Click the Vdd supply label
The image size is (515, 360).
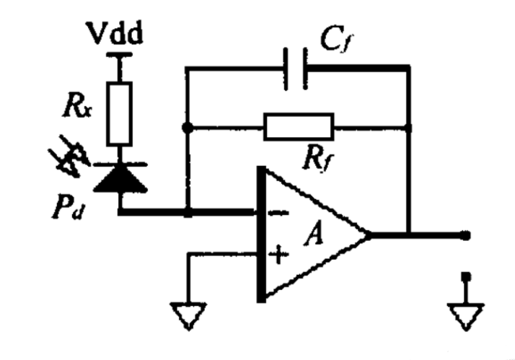click(114, 33)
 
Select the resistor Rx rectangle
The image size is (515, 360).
click(120, 114)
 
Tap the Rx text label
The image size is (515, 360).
click(77, 106)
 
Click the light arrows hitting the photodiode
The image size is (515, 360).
click(69, 156)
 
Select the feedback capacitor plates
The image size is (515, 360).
click(296, 69)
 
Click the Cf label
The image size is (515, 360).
click(337, 40)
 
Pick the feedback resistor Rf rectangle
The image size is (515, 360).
click(299, 127)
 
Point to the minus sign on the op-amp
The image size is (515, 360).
click(278, 214)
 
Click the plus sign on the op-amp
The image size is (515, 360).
click(278, 255)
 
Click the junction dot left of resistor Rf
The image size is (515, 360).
click(188, 128)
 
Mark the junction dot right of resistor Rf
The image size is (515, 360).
click(408, 128)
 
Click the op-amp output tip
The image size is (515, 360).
click(369, 235)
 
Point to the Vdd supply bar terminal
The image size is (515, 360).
click(120, 55)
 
